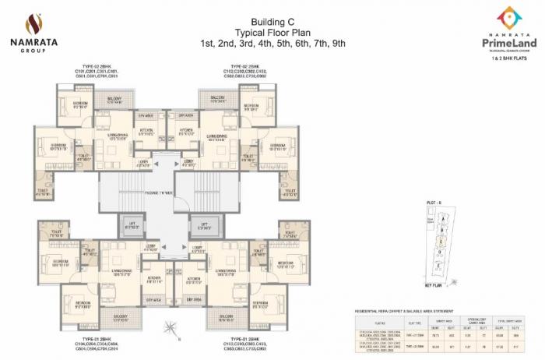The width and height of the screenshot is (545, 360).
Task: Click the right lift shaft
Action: coord(204,226)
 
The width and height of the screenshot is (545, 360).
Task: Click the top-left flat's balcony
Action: coord(114,101)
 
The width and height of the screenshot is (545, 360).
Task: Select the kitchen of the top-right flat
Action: coord(187,131)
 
